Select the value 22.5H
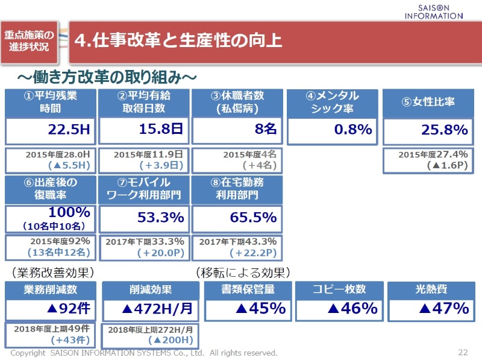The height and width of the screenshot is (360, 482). (x=69, y=130)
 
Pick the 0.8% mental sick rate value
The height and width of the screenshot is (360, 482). (x=353, y=130)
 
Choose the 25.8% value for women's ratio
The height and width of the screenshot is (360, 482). (x=444, y=130)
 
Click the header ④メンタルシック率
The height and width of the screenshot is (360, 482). (x=333, y=103)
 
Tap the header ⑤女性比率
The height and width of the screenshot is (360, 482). (x=428, y=103)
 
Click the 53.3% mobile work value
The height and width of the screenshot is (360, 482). (x=160, y=217)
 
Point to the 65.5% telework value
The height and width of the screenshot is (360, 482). (x=253, y=217)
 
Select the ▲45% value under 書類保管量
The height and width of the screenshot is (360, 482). (x=260, y=309)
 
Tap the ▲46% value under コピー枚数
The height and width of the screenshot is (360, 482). (x=352, y=309)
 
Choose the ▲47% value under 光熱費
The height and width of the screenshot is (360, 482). (x=444, y=309)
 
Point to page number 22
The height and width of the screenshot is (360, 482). (x=463, y=352)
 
